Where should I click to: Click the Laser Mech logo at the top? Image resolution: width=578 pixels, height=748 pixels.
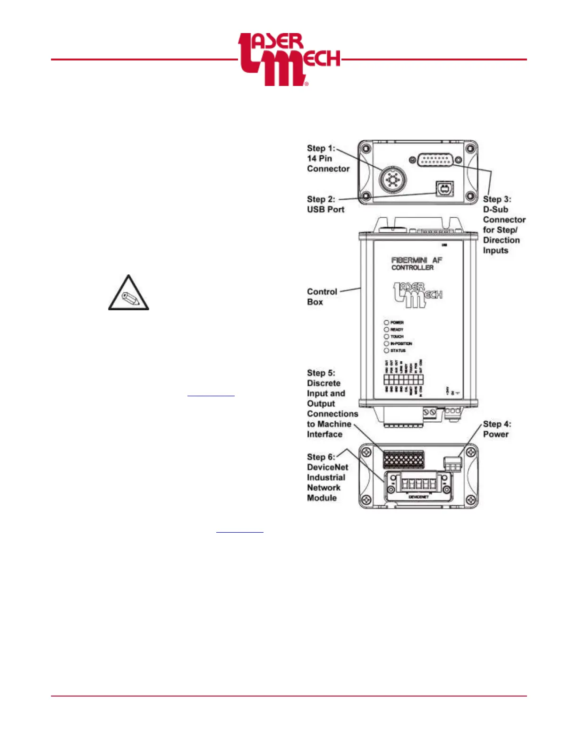click(x=289, y=59)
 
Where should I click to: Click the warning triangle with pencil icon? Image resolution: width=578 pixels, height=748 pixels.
click(x=128, y=294)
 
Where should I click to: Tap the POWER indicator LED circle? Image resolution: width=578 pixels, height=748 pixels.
click(x=386, y=323)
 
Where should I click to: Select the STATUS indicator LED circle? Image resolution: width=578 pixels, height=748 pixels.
click(x=386, y=350)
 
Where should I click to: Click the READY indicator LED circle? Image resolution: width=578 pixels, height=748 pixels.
click(x=386, y=330)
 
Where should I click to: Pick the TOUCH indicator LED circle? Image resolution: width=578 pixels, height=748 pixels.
click(x=386, y=337)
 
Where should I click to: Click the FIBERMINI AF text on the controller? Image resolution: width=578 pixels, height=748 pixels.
click(x=416, y=260)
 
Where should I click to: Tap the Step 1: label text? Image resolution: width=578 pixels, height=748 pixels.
click(x=321, y=148)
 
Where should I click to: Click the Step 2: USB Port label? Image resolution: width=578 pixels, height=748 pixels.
click(x=325, y=204)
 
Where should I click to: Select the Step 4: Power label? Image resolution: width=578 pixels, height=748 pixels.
click(x=496, y=429)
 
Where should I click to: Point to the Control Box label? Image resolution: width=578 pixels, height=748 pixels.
click(x=322, y=297)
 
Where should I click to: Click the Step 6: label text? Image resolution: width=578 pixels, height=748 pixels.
click(x=321, y=457)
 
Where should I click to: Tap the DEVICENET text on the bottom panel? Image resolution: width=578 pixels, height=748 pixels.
click(x=418, y=497)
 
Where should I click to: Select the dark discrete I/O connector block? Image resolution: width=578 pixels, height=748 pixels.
click(x=403, y=459)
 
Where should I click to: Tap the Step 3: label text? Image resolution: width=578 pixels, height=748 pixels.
click(x=497, y=199)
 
